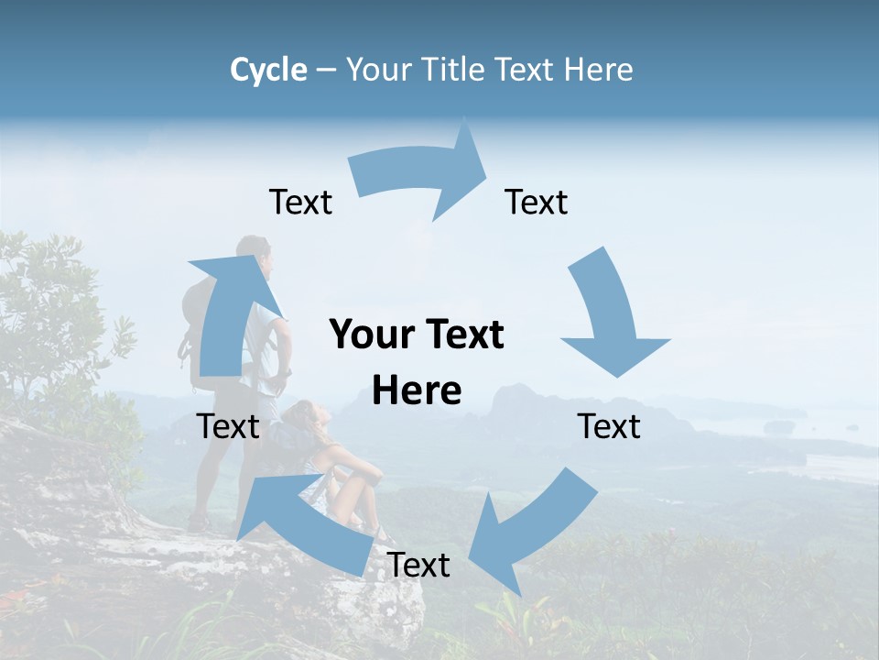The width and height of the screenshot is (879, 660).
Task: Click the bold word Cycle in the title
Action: [x=268, y=70]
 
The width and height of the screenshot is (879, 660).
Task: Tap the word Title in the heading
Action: [x=453, y=70]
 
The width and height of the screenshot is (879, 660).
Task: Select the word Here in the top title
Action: [x=599, y=70]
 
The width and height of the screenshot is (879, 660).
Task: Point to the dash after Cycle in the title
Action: [x=326, y=71]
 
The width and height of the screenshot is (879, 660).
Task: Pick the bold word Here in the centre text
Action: [x=417, y=391]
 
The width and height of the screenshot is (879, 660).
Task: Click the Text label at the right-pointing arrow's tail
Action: [x=300, y=202]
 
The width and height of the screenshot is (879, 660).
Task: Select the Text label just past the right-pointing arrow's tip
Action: [x=537, y=202]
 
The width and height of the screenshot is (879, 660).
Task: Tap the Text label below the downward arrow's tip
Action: [x=610, y=426]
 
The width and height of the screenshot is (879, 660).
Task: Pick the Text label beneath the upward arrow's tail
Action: [x=228, y=426]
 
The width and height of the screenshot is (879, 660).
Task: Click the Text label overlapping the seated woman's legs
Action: [x=418, y=565]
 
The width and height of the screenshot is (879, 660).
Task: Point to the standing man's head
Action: [x=254, y=249]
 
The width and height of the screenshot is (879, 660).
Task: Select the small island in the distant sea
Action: [x=780, y=426]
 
